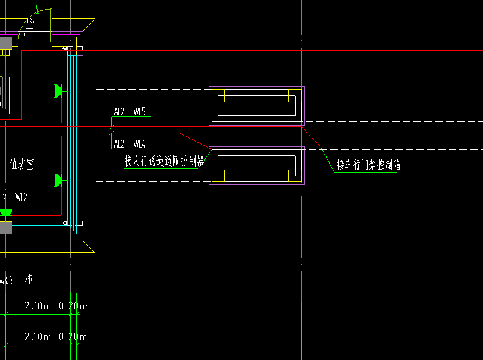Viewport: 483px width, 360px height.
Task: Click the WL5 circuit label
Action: [140, 111]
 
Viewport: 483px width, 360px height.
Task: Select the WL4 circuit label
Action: [140, 144]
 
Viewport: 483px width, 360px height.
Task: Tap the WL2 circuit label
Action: [21, 197]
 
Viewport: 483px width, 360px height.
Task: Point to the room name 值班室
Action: [21, 164]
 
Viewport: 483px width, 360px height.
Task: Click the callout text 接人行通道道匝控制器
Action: [164, 161]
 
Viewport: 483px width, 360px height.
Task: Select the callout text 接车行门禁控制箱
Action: [369, 165]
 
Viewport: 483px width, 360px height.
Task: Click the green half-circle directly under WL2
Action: [6, 212]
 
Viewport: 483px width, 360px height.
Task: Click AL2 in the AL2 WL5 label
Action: [119, 111]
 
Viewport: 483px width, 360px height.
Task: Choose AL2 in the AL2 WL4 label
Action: [119, 144]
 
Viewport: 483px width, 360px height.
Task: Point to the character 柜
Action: [29, 279]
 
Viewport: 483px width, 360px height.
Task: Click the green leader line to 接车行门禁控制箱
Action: [326, 158]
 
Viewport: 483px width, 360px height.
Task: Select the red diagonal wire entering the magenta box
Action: [196, 140]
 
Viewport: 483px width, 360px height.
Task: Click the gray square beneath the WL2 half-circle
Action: [5, 228]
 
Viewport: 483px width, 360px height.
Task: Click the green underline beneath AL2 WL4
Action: [131, 149]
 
